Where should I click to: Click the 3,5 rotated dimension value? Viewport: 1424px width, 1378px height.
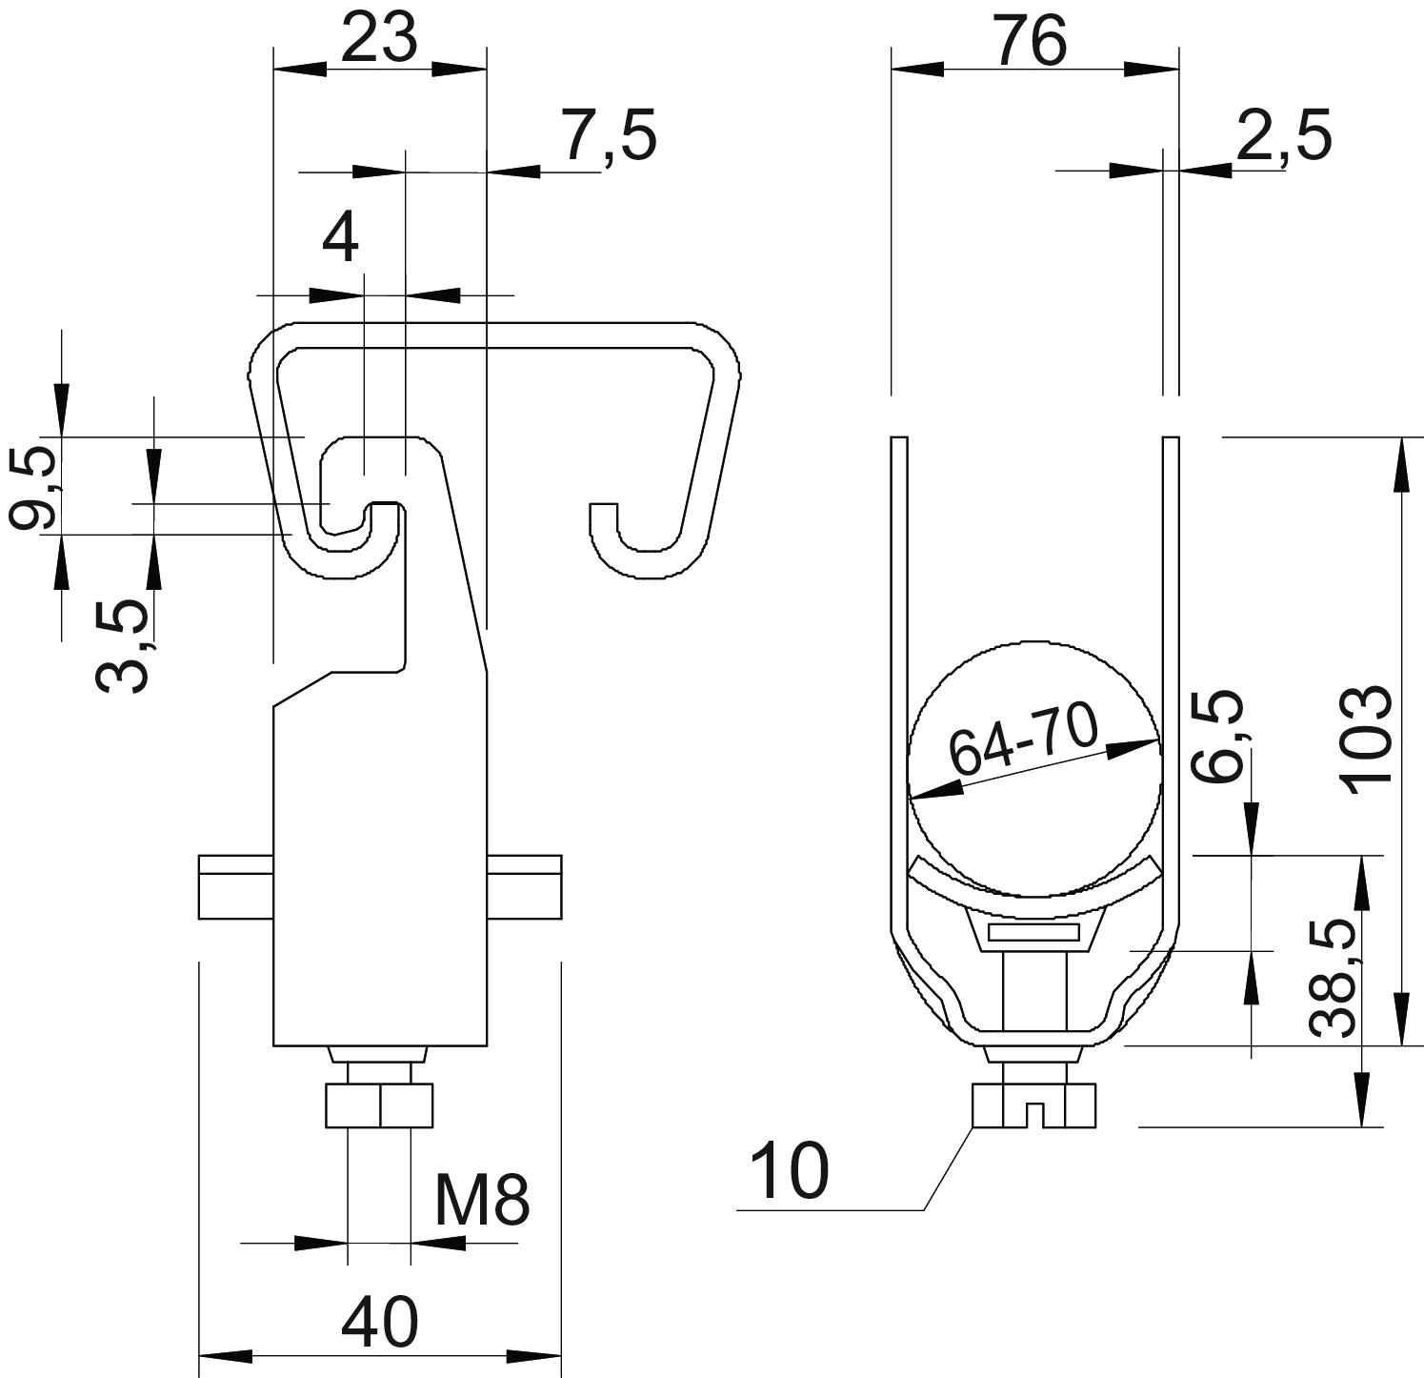(124, 644)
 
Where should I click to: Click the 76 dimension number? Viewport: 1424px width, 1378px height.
(1033, 42)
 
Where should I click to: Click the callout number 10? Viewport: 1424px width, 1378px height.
(790, 1172)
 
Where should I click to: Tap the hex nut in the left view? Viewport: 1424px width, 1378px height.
(379, 1105)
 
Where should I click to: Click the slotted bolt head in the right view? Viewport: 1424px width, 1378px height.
(1034, 1105)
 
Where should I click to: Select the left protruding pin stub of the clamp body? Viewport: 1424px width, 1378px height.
(236, 887)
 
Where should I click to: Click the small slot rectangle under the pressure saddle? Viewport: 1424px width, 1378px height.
(1033, 932)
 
